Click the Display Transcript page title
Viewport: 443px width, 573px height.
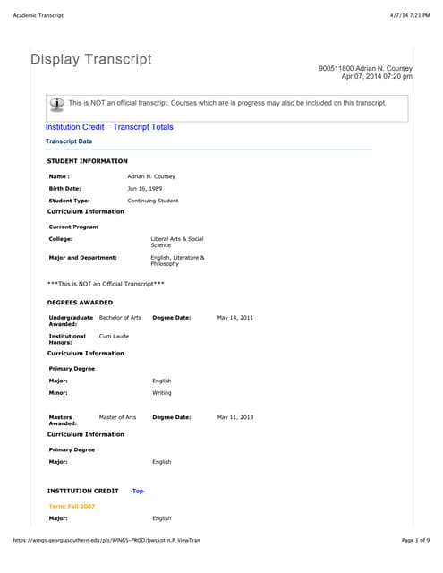(91, 60)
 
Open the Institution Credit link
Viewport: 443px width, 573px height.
(75, 127)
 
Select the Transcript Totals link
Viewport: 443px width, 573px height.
(143, 127)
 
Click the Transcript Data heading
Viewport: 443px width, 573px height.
(69, 141)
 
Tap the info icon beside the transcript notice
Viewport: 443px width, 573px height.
(57, 103)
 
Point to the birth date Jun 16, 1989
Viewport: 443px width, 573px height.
(143, 189)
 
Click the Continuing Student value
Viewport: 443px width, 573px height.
(153, 201)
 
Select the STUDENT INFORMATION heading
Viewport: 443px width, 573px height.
(88, 160)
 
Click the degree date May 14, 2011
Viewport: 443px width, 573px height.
(235, 318)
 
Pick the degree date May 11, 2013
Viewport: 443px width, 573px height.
(235, 417)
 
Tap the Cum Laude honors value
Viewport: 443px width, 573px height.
(114, 336)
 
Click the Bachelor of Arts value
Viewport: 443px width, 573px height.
(120, 318)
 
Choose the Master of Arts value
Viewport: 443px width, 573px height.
(117, 417)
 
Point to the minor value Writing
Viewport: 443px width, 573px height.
(162, 392)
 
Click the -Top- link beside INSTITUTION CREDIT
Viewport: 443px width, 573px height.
(138, 492)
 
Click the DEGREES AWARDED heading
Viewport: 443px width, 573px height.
(80, 303)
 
